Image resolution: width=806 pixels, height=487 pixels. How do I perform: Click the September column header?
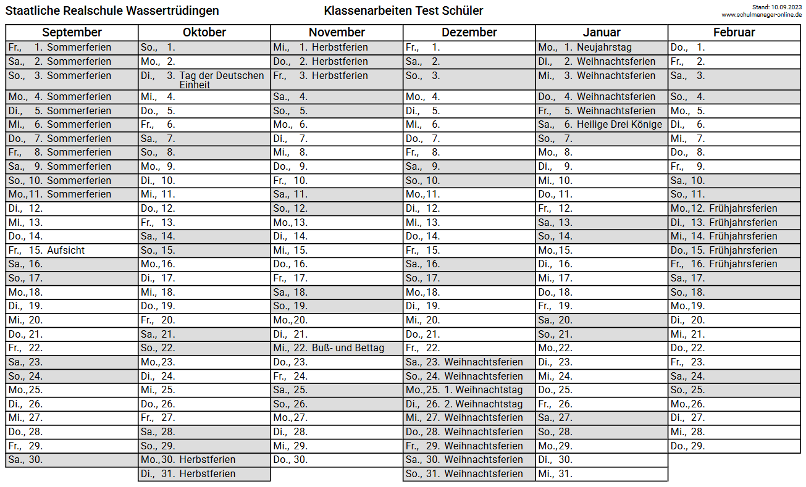(72, 33)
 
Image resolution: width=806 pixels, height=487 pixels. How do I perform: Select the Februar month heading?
(734, 33)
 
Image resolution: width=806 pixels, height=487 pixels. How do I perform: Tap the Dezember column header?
(469, 33)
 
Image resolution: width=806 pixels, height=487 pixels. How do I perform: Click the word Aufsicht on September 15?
(66, 250)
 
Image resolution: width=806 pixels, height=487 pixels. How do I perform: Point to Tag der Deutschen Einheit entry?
(221, 80)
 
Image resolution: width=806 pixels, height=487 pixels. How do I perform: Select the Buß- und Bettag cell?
(348, 348)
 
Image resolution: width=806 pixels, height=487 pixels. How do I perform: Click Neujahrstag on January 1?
(604, 48)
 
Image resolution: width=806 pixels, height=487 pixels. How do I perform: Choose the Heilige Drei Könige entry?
(619, 125)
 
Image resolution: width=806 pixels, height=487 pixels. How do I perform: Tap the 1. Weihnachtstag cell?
(484, 390)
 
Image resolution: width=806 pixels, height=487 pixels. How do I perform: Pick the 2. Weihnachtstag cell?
(484, 404)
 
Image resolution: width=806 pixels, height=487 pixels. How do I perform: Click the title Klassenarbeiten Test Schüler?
(403, 11)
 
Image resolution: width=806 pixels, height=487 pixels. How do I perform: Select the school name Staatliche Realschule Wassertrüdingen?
(112, 11)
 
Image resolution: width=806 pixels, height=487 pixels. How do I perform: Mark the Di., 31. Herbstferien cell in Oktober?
(204, 474)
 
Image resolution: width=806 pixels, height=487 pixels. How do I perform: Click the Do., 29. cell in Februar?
(734, 446)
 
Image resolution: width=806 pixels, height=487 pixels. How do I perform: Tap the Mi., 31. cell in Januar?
(601, 474)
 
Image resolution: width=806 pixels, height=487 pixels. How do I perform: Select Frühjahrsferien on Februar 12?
(743, 209)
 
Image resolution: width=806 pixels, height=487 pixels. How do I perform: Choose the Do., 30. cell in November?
(337, 460)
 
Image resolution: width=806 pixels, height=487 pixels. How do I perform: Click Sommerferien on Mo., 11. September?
(79, 194)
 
